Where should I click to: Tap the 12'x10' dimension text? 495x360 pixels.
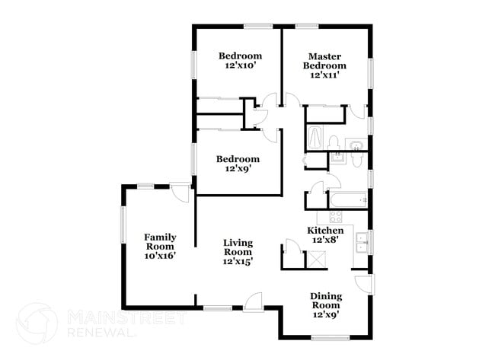241,66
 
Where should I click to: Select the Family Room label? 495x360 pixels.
160,241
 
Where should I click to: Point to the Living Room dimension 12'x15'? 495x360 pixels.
238,261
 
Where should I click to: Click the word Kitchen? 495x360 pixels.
325,231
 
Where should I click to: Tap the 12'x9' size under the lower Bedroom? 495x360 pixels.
238,169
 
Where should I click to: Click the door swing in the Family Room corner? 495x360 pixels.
180,192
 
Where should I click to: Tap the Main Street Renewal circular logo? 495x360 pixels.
37,323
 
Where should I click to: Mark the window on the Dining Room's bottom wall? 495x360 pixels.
329,336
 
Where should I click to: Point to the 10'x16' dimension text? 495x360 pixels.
160,256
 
